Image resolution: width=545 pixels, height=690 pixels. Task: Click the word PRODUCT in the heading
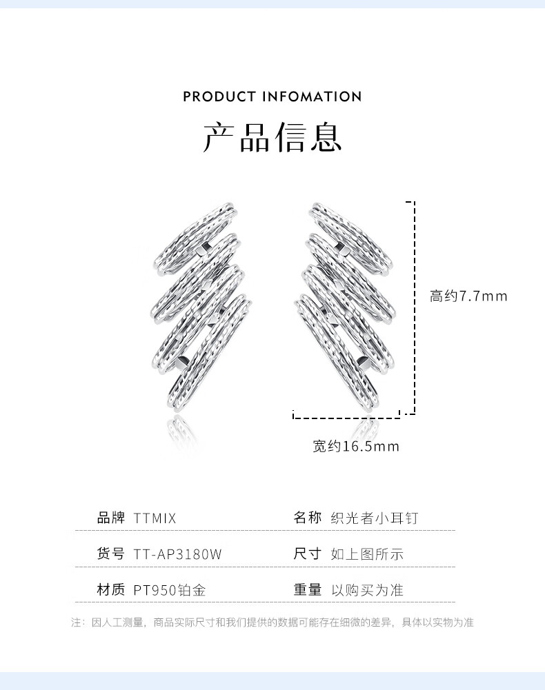(x=219, y=97)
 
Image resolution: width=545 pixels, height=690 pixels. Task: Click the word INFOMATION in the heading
(x=312, y=97)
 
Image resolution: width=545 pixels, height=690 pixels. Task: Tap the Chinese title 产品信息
(x=272, y=136)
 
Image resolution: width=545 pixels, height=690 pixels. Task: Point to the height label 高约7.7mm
(x=468, y=296)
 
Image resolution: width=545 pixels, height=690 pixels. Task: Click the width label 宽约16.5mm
(x=356, y=447)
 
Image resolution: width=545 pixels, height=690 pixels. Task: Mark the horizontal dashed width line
(x=346, y=417)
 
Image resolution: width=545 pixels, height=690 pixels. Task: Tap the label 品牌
(x=110, y=518)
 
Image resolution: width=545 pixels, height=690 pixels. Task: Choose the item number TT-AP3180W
(x=177, y=554)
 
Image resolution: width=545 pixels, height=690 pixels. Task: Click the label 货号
(x=110, y=554)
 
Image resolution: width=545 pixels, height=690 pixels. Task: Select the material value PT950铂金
(x=170, y=590)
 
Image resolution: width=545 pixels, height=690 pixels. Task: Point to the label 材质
(x=110, y=589)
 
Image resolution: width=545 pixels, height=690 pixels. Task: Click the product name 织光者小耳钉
(x=375, y=518)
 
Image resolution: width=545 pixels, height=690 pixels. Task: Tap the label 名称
(x=308, y=518)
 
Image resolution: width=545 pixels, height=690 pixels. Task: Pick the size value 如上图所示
(x=367, y=554)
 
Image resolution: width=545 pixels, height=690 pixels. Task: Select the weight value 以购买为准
(x=367, y=590)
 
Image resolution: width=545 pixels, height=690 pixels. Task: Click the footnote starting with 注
(x=272, y=622)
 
